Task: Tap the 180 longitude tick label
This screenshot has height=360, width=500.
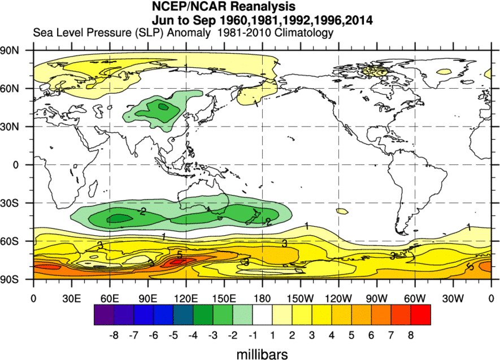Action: point(262,298)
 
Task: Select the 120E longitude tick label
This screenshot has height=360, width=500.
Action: point(186,298)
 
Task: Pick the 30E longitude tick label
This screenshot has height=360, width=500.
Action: point(71,298)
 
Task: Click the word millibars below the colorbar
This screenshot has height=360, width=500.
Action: point(262,354)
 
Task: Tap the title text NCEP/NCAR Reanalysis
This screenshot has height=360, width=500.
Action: point(224,7)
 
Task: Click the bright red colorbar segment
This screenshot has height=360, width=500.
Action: point(420,315)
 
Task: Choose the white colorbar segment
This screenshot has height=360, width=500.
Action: point(262,315)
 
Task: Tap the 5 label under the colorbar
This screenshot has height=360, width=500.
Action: point(351,335)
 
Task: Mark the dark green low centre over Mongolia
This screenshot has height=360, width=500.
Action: point(163,106)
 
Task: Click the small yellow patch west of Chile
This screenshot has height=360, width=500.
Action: point(341,211)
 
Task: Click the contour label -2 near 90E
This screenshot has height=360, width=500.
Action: point(142,212)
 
